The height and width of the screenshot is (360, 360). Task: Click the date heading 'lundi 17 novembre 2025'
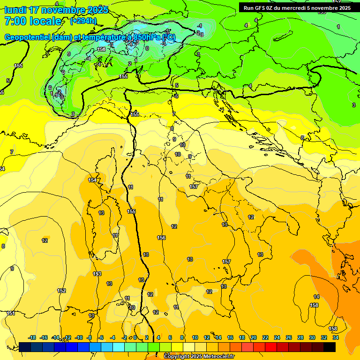pyautogui.click(x=56, y=10)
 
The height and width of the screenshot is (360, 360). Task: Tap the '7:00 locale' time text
pyautogui.click(x=33, y=21)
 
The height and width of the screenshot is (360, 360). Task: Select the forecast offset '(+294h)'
pyautogui.click(x=83, y=21)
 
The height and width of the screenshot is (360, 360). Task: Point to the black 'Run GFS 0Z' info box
pyautogui.click(x=297, y=7)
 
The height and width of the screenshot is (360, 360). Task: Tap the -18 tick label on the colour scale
pyautogui.click(x=32, y=337)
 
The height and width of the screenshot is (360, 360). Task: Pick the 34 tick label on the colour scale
pyautogui.click(x=336, y=337)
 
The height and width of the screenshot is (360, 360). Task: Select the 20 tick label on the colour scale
pyautogui.click(x=254, y=337)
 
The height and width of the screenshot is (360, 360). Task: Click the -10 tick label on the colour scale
pyautogui.click(x=79, y=337)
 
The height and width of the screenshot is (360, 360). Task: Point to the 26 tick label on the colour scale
pyautogui.click(x=289, y=337)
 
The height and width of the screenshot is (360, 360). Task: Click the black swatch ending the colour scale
pyautogui.click(x=330, y=347)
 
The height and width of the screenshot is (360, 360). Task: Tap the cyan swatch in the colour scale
pyautogui.click(x=119, y=347)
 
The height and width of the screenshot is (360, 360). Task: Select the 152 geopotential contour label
pyautogui.click(x=61, y=291)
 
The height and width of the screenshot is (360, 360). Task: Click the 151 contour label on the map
pyautogui.click(x=10, y=313)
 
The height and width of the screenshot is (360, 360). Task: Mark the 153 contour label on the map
pyautogui.click(x=97, y=274)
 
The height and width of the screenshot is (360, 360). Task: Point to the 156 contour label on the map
pyautogui.click(x=161, y=238)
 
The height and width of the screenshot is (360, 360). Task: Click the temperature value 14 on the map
pyautogui.click(x=316, y=297)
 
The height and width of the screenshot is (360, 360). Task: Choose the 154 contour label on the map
pyautogui.click(x=92, y=180)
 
